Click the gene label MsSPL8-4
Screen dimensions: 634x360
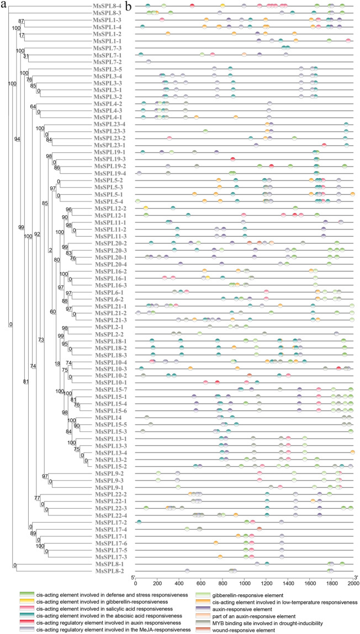click(105, 6)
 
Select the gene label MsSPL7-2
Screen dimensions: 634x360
click(105, 62)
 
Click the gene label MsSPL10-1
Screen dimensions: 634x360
click(104, 382)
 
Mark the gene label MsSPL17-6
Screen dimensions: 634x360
click(104, 544)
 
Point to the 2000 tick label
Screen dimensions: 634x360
click(353, 583)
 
